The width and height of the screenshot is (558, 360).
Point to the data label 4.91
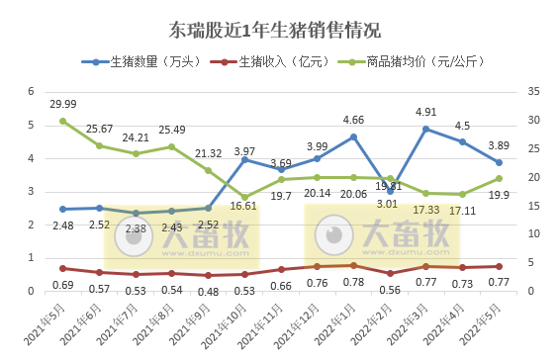[x=426, y=113]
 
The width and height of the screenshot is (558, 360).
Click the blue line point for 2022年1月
[x=353, y=136]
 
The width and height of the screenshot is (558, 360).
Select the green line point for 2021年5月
[x=62, y=121]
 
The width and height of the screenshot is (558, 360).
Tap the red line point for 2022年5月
[x=499, y=266]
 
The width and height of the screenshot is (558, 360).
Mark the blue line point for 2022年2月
[x=390, y=191]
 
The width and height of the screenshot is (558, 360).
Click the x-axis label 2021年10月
[x=237, y=320]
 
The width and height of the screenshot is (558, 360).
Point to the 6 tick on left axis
[x=32, y=92]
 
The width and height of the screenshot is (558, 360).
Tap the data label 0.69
[x=63, y=286]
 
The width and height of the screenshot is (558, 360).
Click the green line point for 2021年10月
[x=244, y=197]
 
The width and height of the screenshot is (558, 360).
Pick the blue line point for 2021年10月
[x=244, y=159]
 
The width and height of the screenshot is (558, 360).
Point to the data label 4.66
[x=353, y=121]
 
